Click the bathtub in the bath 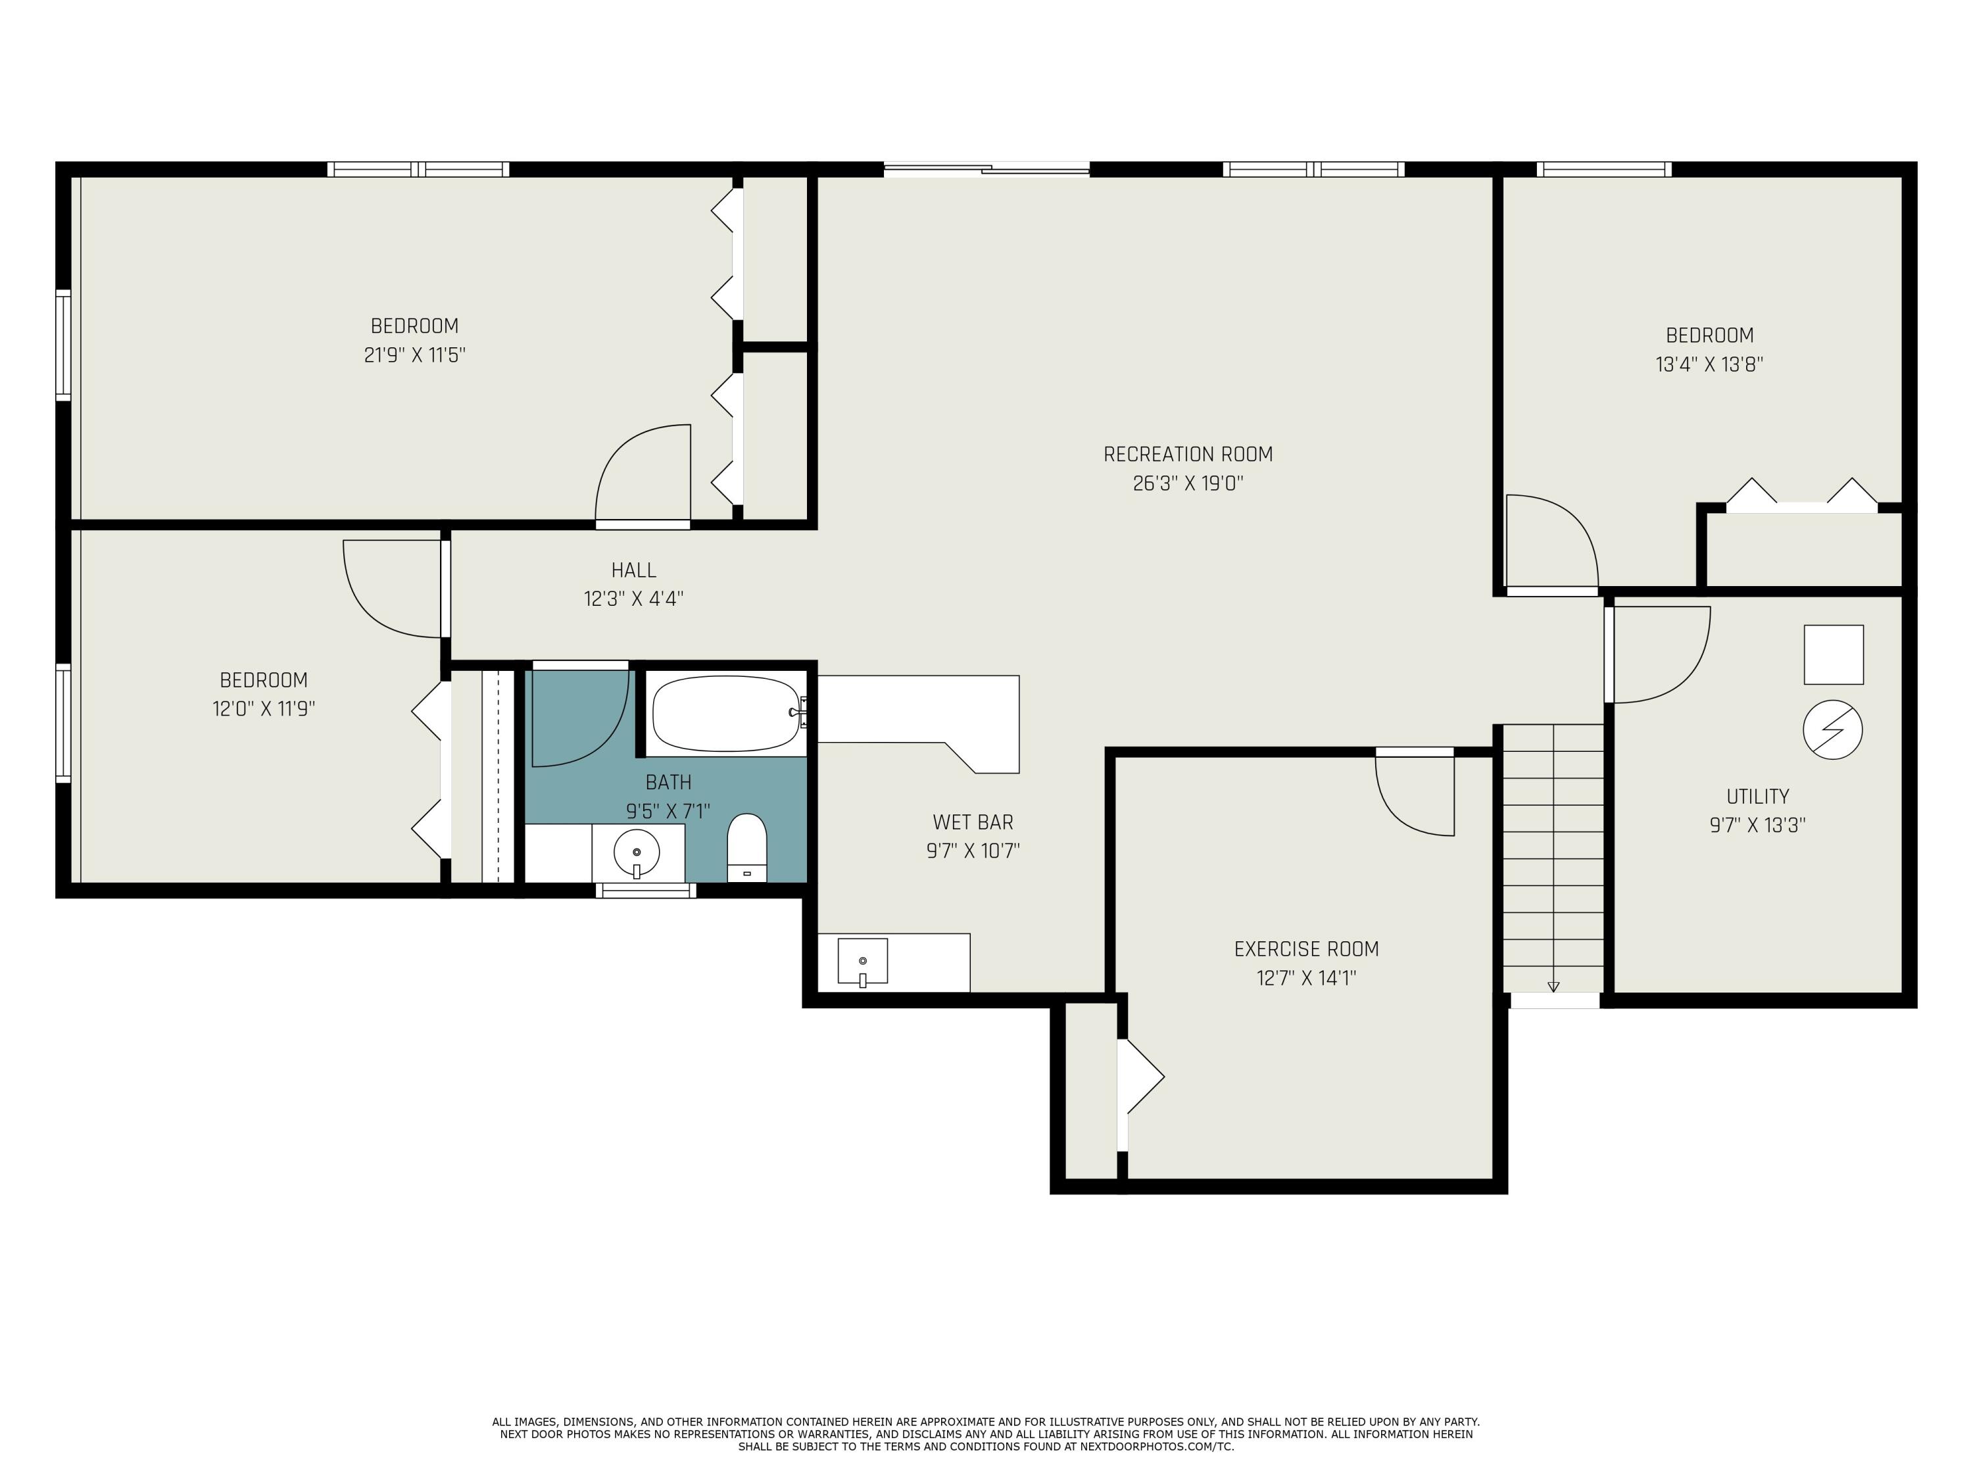click(x=726, y=714)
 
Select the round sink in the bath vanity click(x=637, y=854)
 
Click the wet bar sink click(x=862, y=962)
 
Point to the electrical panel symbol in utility click(x=1833, y=729)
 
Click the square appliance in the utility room click(x=1833, y=654)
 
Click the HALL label click(x=633, y=570)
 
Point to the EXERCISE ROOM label click(x=1306, y=949)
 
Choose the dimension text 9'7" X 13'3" click(x=1757, y=826)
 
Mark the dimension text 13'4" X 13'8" click(x=1709, y=365)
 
